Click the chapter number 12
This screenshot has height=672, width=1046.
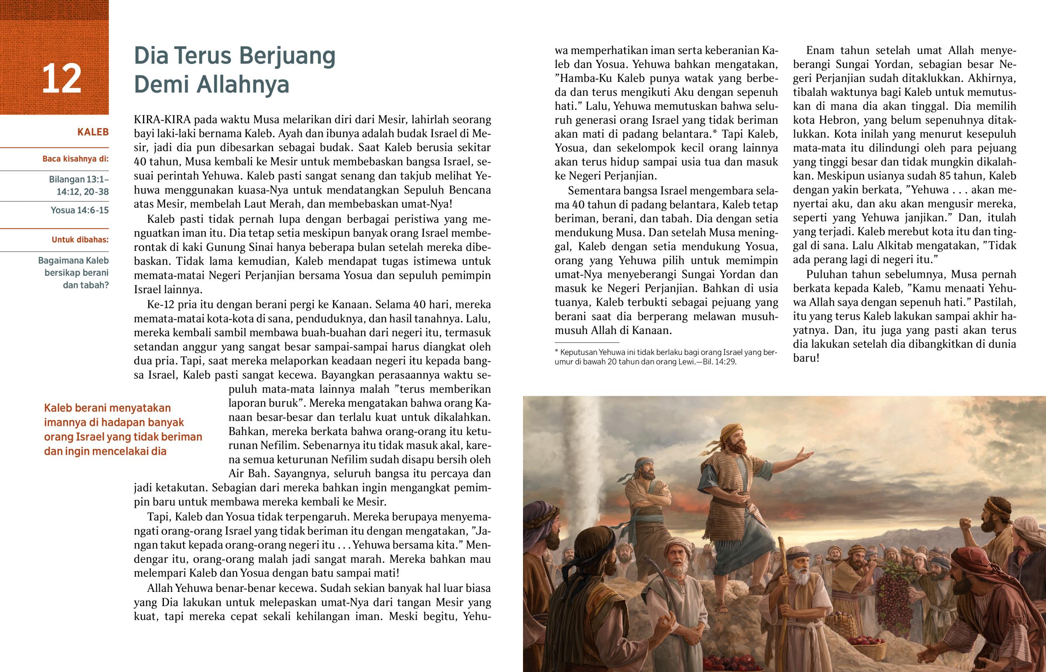(61, 78)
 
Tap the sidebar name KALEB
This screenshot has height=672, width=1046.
(92, 132)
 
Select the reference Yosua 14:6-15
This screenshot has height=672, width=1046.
(79, 210)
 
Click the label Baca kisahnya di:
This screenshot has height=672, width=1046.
(75, 159)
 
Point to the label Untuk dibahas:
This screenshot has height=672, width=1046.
(80, 240)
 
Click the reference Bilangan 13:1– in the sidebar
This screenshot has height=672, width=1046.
(79, 179)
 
